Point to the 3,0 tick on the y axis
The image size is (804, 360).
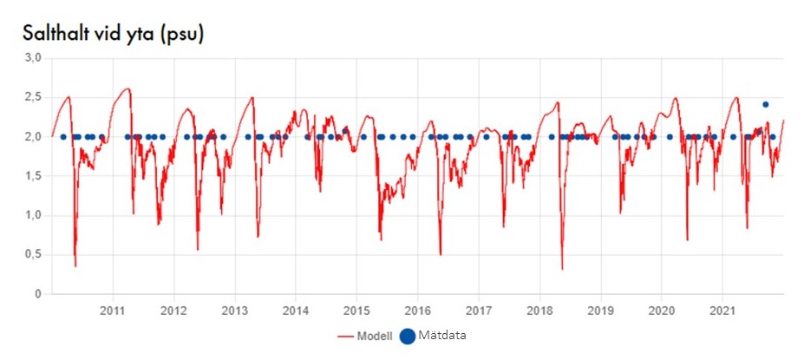point(33,58)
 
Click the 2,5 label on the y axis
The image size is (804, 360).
point(33,97)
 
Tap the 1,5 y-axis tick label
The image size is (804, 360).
point(33,176)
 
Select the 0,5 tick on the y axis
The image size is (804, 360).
point(33,255)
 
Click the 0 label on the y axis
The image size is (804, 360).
point(39,295)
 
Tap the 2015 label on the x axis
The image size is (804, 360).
point(357,310)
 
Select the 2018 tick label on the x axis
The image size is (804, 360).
point(540,310)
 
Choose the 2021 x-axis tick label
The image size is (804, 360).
point(723,310)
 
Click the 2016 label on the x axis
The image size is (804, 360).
point(418,310)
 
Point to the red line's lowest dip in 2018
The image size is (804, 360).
point(562,269)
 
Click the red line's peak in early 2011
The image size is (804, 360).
point(127,88)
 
